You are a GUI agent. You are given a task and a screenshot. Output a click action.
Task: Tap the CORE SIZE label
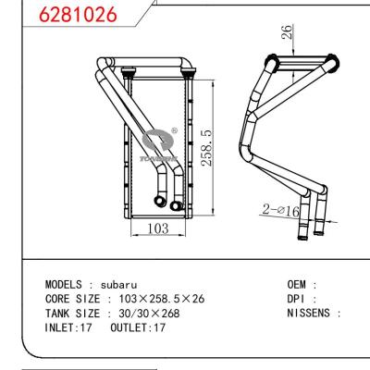(74, 299)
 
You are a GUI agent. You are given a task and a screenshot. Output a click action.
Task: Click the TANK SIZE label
(74, 313)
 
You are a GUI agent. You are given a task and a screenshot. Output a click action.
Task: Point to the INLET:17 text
(68, 327)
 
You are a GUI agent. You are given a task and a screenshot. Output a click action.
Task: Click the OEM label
(299, 285)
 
